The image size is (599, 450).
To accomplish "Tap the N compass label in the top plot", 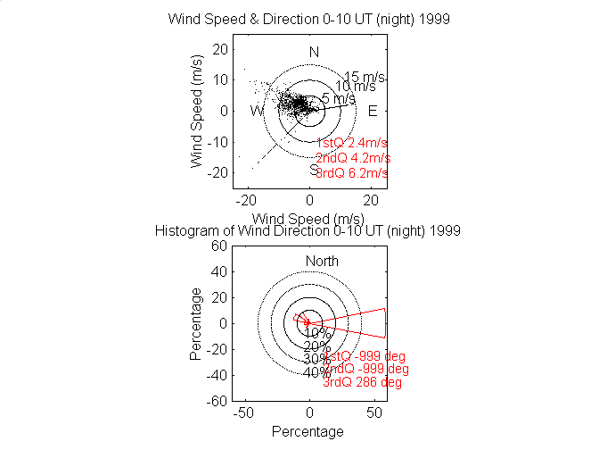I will click(314, 52).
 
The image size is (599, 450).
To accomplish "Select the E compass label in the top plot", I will click(373, 111).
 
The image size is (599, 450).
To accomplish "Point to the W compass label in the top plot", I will click(257, 111).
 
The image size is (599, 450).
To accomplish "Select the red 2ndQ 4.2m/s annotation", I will click(353, 158).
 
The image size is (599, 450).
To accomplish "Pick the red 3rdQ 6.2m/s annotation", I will click(352, 172).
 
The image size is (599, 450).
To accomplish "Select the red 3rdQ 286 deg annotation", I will click(362, 382).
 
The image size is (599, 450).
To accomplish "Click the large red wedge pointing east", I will click(361, 322).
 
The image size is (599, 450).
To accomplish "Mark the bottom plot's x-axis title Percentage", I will click(308, 432).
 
